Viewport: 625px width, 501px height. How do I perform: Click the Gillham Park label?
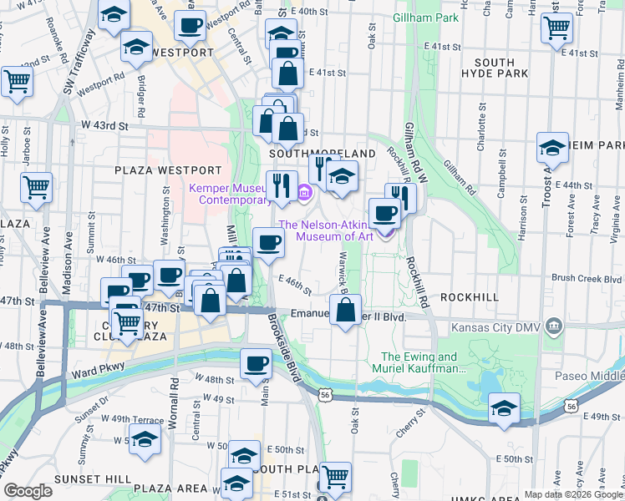pos(425,18)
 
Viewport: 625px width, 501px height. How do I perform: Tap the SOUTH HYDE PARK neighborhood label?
pos(501,68)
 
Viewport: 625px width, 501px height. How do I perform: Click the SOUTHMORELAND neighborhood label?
pos(310,154)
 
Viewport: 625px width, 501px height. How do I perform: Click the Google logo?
pos(28,491)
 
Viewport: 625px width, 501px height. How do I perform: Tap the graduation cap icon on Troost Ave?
pos(552,148)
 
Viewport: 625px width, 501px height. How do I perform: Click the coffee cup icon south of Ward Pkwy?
pos(256,363)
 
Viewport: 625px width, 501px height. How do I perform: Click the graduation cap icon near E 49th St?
pos(504,409)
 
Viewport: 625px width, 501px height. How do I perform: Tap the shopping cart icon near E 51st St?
pos(335,477)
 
